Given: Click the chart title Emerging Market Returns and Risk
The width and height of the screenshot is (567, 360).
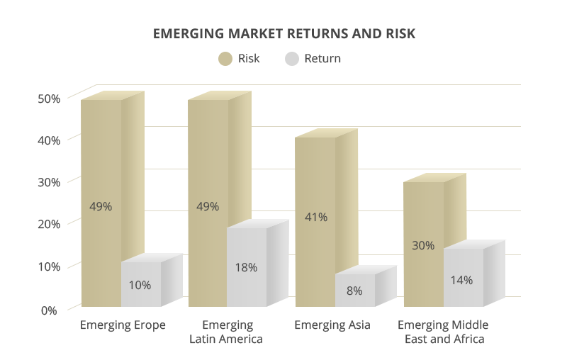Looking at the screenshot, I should [x=283, y=33].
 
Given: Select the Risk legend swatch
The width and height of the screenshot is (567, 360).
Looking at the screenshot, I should [x=225, y=59].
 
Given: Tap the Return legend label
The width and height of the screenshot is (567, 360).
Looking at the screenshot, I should [x=322, y=59].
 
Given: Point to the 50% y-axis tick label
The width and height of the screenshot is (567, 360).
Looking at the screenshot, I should [x=49, y=99].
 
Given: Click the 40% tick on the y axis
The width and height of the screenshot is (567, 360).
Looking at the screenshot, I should [x=49, y=140].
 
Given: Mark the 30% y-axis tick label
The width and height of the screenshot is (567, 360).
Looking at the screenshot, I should [x=49, y=182].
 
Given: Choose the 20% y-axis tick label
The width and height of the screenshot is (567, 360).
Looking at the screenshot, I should [x=49, y=225].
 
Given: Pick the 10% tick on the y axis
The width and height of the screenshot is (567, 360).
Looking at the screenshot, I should [x=49, y=267].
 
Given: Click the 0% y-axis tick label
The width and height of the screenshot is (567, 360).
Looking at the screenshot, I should [x=49, y=310].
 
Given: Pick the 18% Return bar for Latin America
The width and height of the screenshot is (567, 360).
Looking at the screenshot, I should [x=247, y=268].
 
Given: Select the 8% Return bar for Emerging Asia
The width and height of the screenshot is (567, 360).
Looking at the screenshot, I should [x=354, y=291].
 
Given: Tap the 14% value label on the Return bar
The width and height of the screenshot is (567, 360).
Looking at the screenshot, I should [x=461, y=280].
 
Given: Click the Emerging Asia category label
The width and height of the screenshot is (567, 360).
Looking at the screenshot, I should [x=332, y=326].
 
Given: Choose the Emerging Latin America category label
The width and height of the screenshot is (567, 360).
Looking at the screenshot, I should [x=227, y=332].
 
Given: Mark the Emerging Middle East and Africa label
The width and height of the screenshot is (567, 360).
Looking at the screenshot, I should [x=444, y=332].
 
